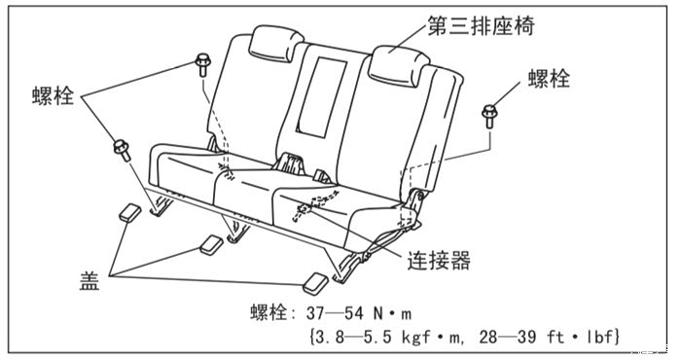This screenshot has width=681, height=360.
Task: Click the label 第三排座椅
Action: coord(481,25)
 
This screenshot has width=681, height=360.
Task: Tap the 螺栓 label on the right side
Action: coord(549,79)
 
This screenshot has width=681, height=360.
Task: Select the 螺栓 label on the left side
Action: coord(53,95)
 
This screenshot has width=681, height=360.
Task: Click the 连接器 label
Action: coord(439,261)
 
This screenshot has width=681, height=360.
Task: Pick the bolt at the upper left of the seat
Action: coord(202,65)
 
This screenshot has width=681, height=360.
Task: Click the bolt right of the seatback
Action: coord(489,117)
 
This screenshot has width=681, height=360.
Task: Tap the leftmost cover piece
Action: coord(129,213)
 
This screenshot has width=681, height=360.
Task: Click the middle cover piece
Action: coord(211,245)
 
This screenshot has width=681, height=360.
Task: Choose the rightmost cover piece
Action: coord(316,283)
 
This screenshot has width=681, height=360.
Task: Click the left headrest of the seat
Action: coord(276,44)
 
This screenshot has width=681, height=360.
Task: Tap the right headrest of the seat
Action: coord(400,65)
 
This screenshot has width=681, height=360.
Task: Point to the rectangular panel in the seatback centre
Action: coord(322,97)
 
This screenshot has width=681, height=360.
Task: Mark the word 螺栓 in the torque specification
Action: coord(269,313)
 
